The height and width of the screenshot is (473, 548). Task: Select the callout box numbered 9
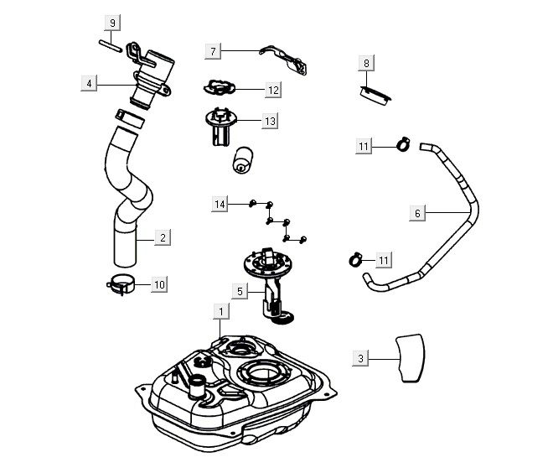113,21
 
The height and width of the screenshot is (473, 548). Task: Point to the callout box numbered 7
213,51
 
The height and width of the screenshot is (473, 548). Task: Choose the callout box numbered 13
269,122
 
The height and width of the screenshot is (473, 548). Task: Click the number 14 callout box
220,204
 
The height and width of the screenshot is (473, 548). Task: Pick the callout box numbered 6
417,213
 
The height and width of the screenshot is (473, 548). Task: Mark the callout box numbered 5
239,291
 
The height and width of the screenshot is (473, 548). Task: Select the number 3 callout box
361,358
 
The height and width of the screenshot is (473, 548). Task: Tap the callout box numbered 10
158,284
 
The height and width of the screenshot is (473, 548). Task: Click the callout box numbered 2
163,238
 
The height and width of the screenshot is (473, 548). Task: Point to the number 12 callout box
273,88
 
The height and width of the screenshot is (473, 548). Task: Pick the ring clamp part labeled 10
122,284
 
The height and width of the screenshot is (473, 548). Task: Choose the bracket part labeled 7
282,56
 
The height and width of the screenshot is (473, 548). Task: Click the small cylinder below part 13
243,160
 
